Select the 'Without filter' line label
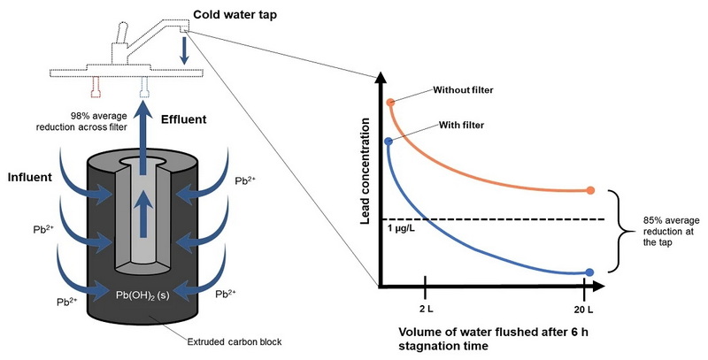[464, 90]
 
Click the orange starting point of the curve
[390, 103]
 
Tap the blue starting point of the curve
[389, 141]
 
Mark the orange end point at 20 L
[589, 190]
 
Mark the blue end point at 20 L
[589, 272]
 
